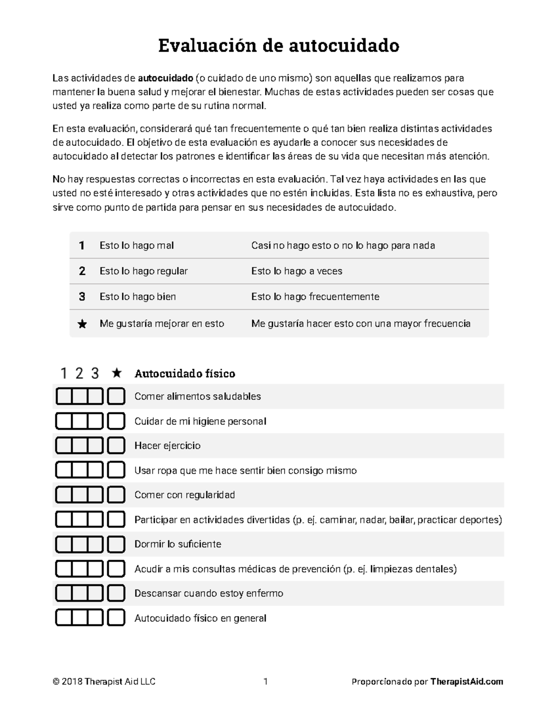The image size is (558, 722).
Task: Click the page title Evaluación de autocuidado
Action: coord(279,46)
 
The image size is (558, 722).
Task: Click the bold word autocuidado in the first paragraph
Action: coord(165,78)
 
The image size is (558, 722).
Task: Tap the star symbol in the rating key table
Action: coord(82,324)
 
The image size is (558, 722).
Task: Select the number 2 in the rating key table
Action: coord(82,271)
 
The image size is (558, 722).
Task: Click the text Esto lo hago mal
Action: coord(137,245)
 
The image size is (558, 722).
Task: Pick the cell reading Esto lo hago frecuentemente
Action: coord(315,297)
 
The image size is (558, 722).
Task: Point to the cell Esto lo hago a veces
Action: coord(297,271)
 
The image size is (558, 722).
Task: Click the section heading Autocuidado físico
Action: coord(185,373)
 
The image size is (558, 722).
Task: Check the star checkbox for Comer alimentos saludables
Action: coord(116,397)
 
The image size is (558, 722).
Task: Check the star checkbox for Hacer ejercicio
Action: coord(116,446)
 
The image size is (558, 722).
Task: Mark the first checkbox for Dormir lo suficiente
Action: coord(64,544)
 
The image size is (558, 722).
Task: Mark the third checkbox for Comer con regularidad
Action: coord(95,495)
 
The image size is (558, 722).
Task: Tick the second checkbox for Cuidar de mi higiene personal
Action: coord(80,421)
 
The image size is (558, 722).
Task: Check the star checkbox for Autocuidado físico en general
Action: coord(116,618)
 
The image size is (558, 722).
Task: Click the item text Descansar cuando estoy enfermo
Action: coord(209,594)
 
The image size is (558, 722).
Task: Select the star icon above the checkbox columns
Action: coord(117,373)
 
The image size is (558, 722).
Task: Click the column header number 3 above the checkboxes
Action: coord(95,373)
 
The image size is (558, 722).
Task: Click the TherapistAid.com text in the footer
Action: coord(466,682)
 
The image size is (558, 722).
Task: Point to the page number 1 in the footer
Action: coord(266,682)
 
